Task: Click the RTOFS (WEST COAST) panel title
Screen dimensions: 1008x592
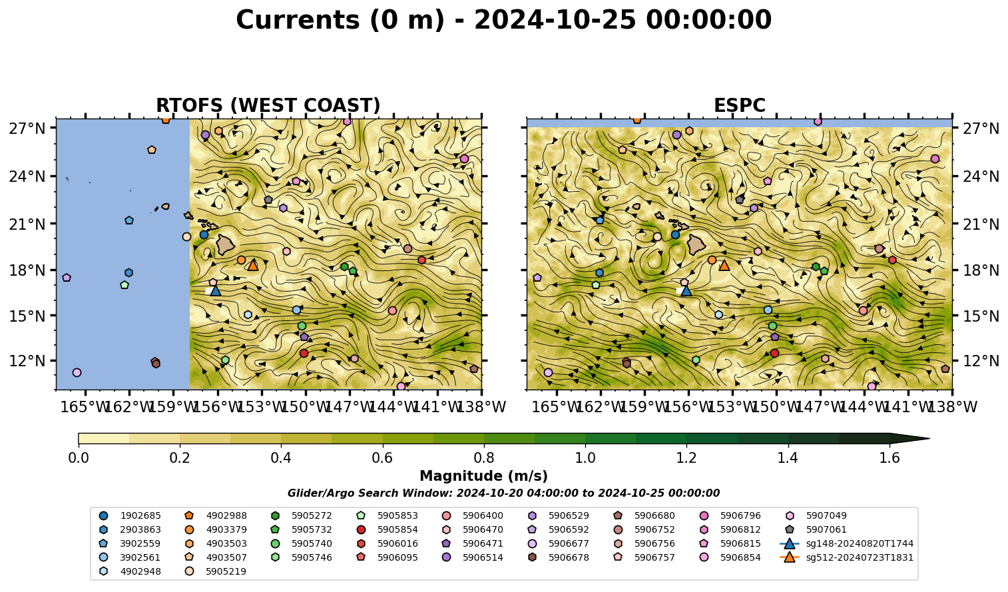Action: (x=268, y=105)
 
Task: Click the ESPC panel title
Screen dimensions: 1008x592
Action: (x=739, y=105)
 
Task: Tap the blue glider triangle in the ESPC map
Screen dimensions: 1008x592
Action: (x=686, y=291)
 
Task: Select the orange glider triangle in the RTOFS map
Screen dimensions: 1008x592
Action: (x=253, y=265)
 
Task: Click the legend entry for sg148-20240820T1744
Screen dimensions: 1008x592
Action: (x=846, y=543)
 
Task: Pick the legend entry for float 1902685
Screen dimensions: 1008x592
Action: (x=131, y=515)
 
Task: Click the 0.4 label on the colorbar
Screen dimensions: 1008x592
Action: (x=281, y=458)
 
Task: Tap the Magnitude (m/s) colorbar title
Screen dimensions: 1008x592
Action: (x=484, y=476)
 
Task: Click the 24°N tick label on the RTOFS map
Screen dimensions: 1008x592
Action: (x=27, y=176)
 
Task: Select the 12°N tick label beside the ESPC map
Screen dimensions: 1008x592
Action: (x=980, y=361)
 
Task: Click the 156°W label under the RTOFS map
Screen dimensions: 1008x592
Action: (x=218, y=407)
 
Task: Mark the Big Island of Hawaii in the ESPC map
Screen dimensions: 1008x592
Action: (x=696, y=244)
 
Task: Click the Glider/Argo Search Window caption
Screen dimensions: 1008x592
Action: (x=503, y=493)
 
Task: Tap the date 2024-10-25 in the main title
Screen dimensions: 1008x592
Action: (x=555, y=20)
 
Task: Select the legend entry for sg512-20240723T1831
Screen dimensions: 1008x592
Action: (x=846, y=557)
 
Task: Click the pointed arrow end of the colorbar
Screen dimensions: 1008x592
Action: (x=929, y=438)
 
